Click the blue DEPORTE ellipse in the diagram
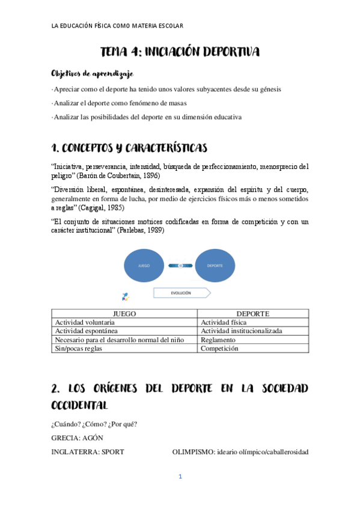click(x=215, y=265)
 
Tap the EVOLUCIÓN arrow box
click(x=181, y=293)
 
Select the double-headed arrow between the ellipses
click(x=180, y=265)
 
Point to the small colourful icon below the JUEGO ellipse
click(x=125, y=296)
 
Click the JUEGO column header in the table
click(x=125, y=313)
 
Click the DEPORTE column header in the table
click(x=253, y=313)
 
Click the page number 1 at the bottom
click(x=180, y=477)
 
